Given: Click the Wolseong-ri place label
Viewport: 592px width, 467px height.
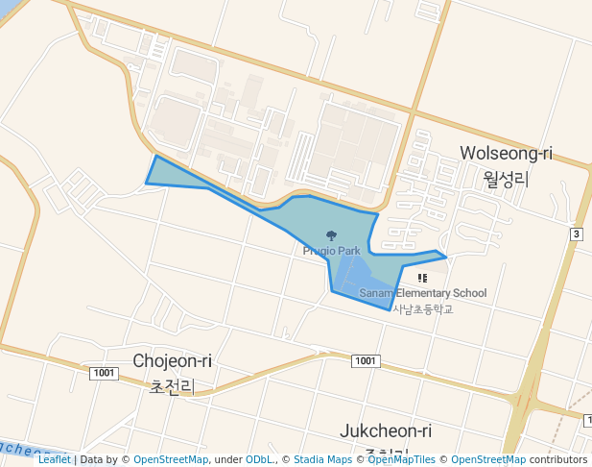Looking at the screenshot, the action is [x=507, y=154].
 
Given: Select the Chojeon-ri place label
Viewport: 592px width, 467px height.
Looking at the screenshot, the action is [x=173, y=361].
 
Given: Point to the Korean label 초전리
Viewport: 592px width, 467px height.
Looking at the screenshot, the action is [x=173, y=386].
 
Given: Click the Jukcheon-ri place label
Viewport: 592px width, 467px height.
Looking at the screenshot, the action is [x=387, y=431].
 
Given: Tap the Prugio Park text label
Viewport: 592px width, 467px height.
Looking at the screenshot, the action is [x=331, y=251].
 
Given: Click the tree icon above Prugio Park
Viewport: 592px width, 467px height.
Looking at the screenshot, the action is [x=332, y=235].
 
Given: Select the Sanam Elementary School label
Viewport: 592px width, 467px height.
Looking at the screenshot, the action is [x=423, y=293].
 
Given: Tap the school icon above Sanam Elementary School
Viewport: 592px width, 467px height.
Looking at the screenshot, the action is [x=422, y=278].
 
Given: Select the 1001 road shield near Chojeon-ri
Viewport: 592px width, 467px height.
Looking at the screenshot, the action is [x=104, y=373].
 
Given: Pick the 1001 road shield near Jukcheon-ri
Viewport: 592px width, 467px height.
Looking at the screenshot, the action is [x=365, y=360].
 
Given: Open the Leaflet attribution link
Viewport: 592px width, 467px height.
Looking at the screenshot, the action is [x=54, y=459].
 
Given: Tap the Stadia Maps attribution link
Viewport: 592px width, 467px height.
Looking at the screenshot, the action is [x=322, y=459].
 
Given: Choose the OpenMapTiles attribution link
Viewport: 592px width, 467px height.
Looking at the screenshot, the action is [x=401, y=459].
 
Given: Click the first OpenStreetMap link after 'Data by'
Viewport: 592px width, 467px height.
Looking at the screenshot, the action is [x=171, y=459].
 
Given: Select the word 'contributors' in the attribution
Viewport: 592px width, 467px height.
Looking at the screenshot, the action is [x=558, y=459].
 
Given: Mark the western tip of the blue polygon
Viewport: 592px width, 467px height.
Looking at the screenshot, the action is [x=147, y=182].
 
